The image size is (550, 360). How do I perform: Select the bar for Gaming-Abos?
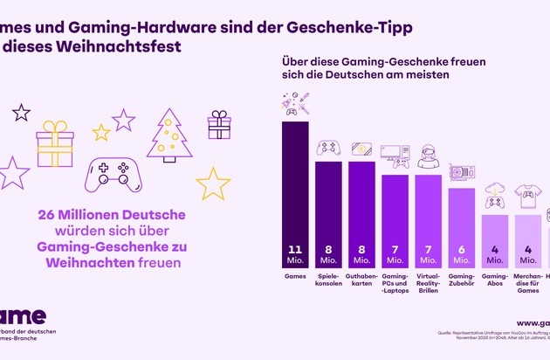[x=495, y=240]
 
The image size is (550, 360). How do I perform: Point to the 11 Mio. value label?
[x=294, y=253]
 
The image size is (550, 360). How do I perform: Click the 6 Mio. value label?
[x=462, y=253]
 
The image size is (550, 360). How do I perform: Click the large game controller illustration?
[x=119, y=175]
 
